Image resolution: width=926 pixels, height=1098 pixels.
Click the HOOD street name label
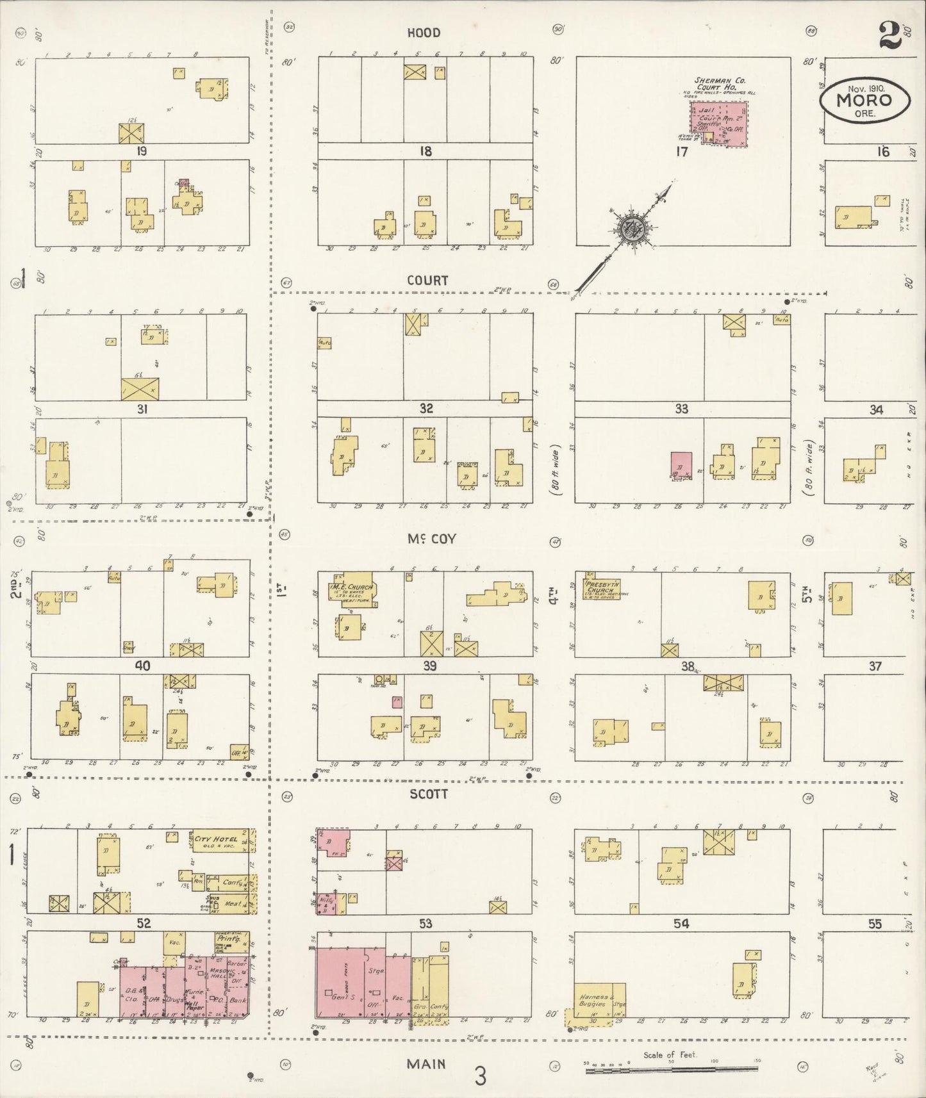pos(424,33)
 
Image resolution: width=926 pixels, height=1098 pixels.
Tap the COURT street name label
pos(427,281)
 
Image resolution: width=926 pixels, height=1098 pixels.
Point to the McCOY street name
pos(432,539)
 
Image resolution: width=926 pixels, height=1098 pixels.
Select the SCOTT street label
pos(428,794)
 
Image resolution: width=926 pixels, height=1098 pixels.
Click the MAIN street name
pos(426,1064)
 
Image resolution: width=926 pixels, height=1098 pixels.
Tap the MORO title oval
pos(865,100)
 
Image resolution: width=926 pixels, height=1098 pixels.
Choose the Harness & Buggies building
pos(600,1001)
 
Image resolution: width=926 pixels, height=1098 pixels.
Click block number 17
pos(681,152)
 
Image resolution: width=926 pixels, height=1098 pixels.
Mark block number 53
pos(426,923)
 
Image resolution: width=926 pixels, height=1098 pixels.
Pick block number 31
pos(142,409)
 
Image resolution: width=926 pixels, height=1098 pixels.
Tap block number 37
pos(875,666)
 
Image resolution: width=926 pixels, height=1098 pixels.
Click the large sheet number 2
pos(889,35)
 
